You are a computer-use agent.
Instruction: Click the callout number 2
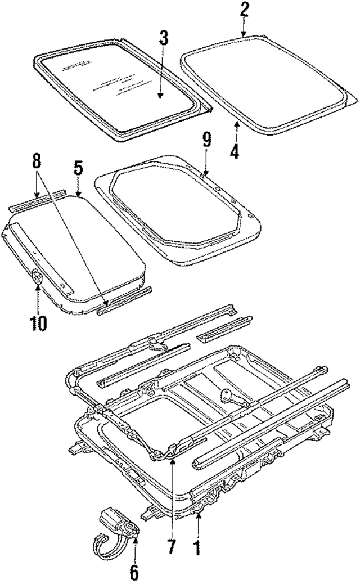tap(244, 11)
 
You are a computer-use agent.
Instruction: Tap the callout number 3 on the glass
tap(163, 40)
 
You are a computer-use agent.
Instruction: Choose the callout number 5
tap(78, 169)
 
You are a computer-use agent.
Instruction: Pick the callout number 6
tap(133, 572)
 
